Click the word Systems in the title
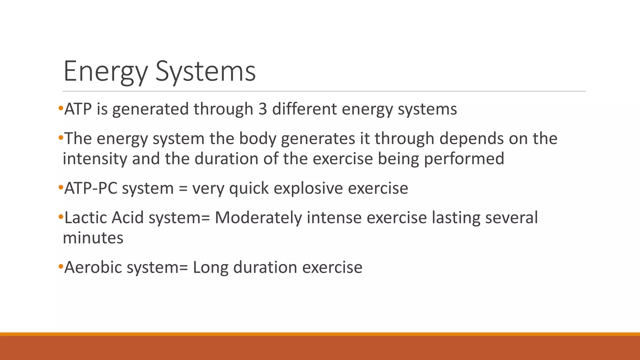pos(206,72)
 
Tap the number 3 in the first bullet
pos(262,109)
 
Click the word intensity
pos(95,159)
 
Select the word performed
pos(464,159)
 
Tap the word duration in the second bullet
pos(226,159)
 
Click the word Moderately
pos(258,218)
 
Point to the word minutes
pos(93,238)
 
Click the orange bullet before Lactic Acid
pos(61,216)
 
